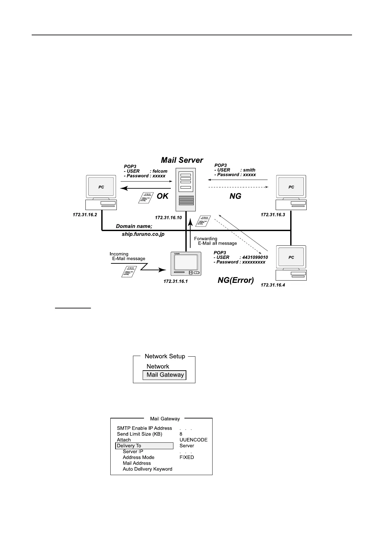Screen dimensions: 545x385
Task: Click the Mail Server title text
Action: pos(182,160)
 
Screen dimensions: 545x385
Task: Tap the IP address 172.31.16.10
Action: pos(168,217)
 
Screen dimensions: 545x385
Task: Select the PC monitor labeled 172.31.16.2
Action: pos(101,187)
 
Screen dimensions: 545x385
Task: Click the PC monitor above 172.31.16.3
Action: pos(291,187)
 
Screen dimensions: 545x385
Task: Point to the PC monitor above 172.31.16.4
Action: pos(291,257)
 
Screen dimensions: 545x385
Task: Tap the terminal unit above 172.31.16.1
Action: pos(186,264)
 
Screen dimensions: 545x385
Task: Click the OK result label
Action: pos(162,196)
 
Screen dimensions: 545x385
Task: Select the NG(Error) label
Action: pos(236,280)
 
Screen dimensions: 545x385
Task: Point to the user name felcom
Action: pos(160,171)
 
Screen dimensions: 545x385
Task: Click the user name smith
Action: pos(249,170)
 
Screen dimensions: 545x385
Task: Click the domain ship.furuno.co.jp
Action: pos(143,234)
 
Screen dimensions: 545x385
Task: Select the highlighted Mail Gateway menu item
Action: pos(165,375)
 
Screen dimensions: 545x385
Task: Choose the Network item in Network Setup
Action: pos(158,366)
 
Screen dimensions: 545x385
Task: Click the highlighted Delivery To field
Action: pos(144,446)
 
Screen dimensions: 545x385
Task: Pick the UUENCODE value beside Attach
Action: pos(193,440)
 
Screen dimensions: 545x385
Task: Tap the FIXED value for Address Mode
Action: pos(187,457)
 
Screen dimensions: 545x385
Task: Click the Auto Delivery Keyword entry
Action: pos(148,469)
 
